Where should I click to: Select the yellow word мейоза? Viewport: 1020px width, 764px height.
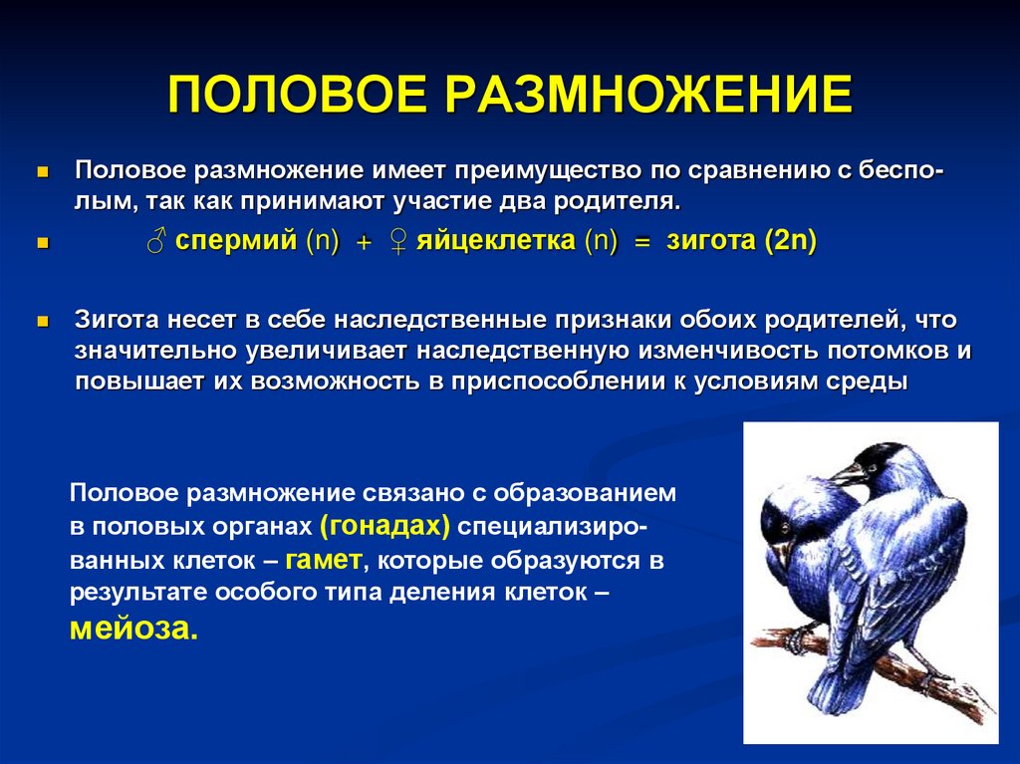tap(133, 629)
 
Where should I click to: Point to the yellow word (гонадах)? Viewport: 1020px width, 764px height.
tap(385, 525)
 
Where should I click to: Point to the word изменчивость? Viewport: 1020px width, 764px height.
tap(732, 352)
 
